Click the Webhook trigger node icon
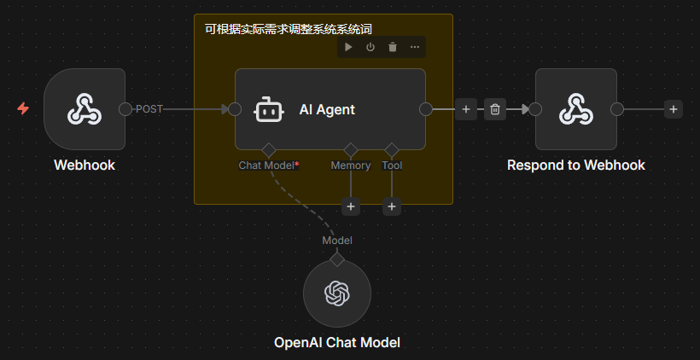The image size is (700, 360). point(85,109)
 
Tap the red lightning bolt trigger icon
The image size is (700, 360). point(23,109)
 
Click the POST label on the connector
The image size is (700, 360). point(149,109)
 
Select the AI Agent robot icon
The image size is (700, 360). point(269,109)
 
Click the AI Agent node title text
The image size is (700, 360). point(327,109)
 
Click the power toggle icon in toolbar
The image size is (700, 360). point(370,47)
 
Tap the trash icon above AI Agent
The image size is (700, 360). point(393,47)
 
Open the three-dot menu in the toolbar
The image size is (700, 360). point(415,47)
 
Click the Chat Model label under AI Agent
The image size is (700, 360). point(268,165)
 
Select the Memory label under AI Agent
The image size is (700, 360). point(350,165)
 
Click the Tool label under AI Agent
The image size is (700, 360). point(392,165)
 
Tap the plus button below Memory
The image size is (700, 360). point(351,206)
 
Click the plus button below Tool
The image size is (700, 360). point(392,206)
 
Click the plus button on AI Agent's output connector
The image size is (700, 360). point(466,109)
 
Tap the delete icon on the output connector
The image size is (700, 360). point(495,109)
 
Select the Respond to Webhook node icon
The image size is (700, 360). point(576,109)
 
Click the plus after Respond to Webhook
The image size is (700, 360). point(674,109)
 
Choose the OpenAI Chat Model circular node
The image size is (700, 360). point(337,293)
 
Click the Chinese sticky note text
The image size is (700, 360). point(289,29)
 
